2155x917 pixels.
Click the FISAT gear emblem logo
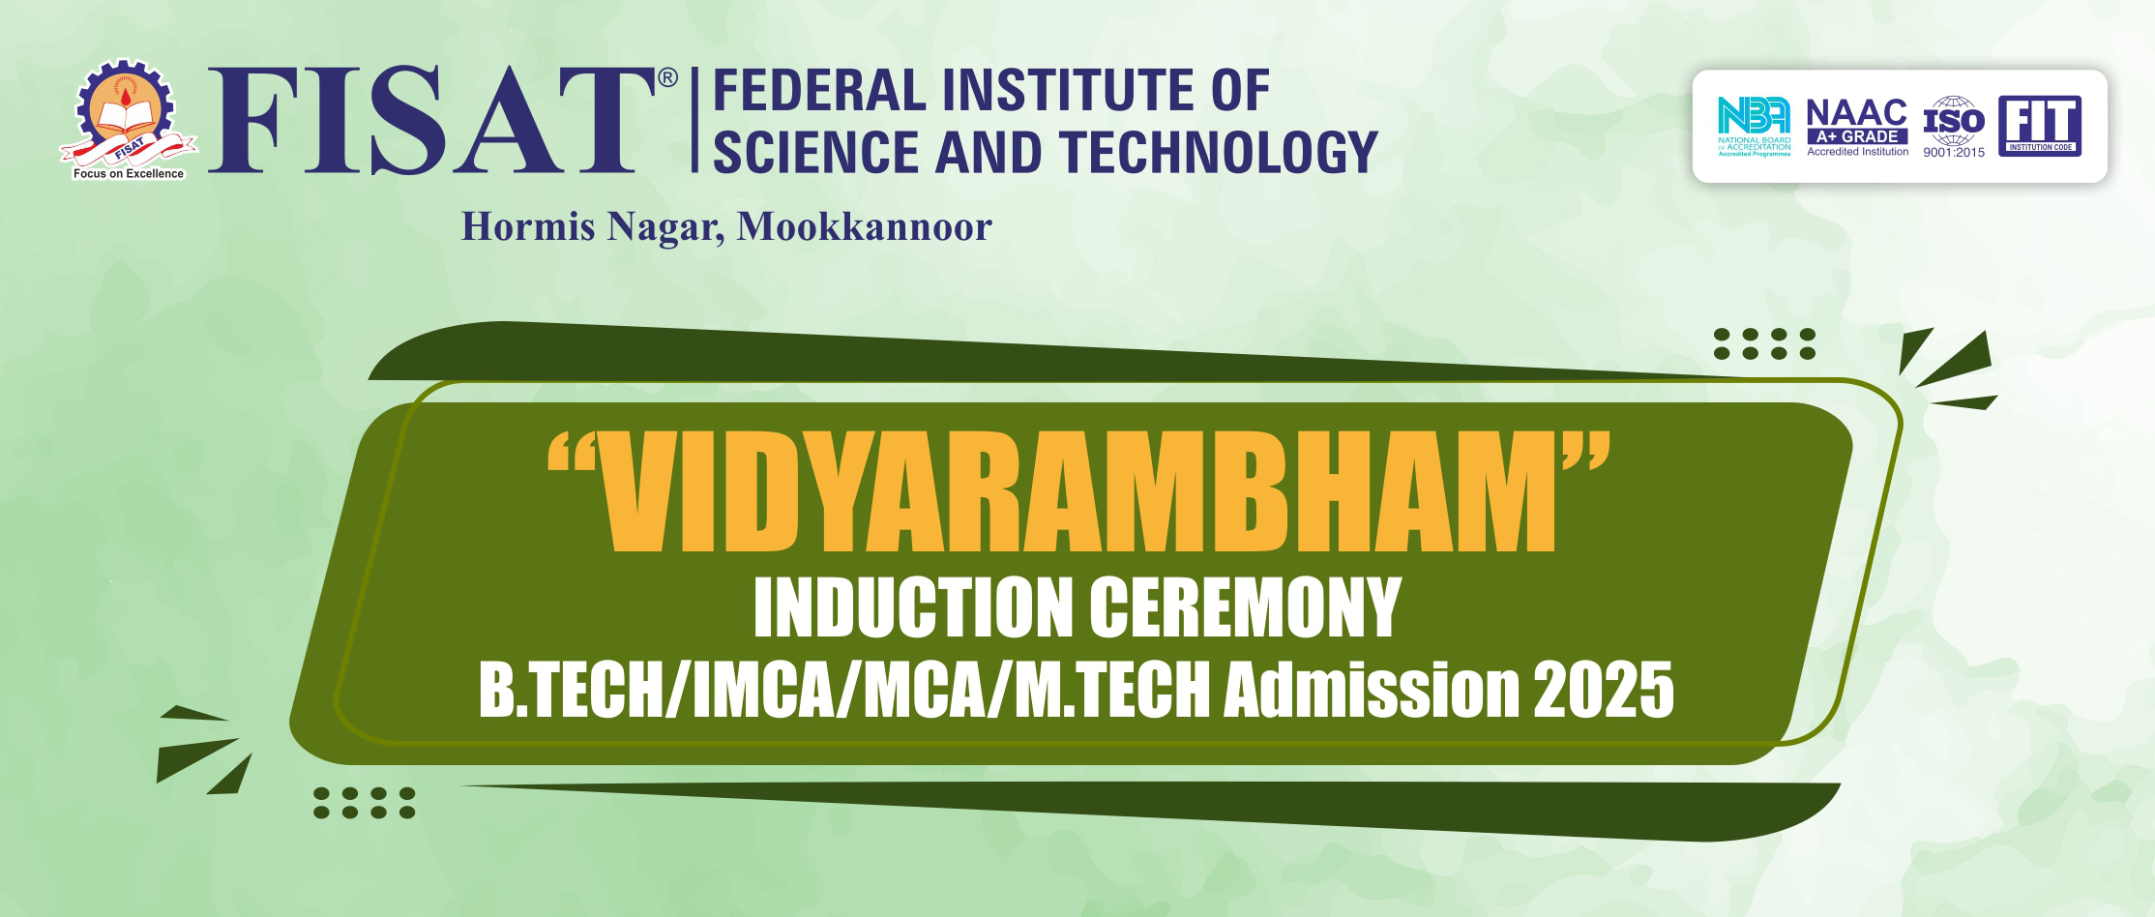[128, 120]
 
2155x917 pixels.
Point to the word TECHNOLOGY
[1218, 151]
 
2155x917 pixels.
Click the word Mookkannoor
[864, 226]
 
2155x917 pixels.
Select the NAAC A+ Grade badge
[1858, 127]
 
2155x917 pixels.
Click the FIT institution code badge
[2040, 126]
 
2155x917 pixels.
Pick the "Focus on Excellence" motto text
[129, 174]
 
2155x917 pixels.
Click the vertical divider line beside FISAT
[694, 120]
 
